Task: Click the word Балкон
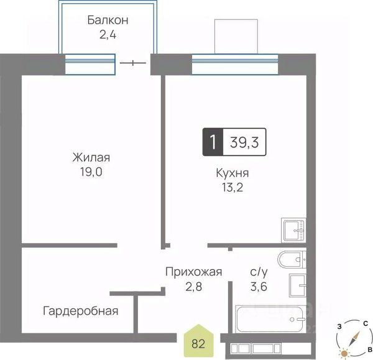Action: [x=108, y=20]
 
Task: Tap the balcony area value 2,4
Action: [x=108, y=35]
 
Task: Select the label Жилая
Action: [x=91, y=157]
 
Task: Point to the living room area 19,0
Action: [x=91, y=172]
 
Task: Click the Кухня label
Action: [x=233, y=173]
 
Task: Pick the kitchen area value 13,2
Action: [x=233, y=188]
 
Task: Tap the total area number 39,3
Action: [x=244, y=142]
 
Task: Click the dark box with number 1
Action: [x=213, y=142]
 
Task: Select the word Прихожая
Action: [x=193, y=272]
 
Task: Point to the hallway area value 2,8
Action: [x=193, y=287]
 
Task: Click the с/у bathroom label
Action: [x=259, y=272]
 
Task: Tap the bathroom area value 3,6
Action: [x=259, y=287]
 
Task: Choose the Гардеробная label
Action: [x=80, y=311]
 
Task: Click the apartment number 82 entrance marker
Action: [x=198, y=341]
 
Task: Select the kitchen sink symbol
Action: [x=293, y=230]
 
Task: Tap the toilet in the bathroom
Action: [x=292, y=260]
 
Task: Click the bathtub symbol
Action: [x=270, y=319]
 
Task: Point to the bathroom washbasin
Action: [x=298, y=285]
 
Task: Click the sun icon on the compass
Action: [x=344, y=353]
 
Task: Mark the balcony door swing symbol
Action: [x=133, y=63]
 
